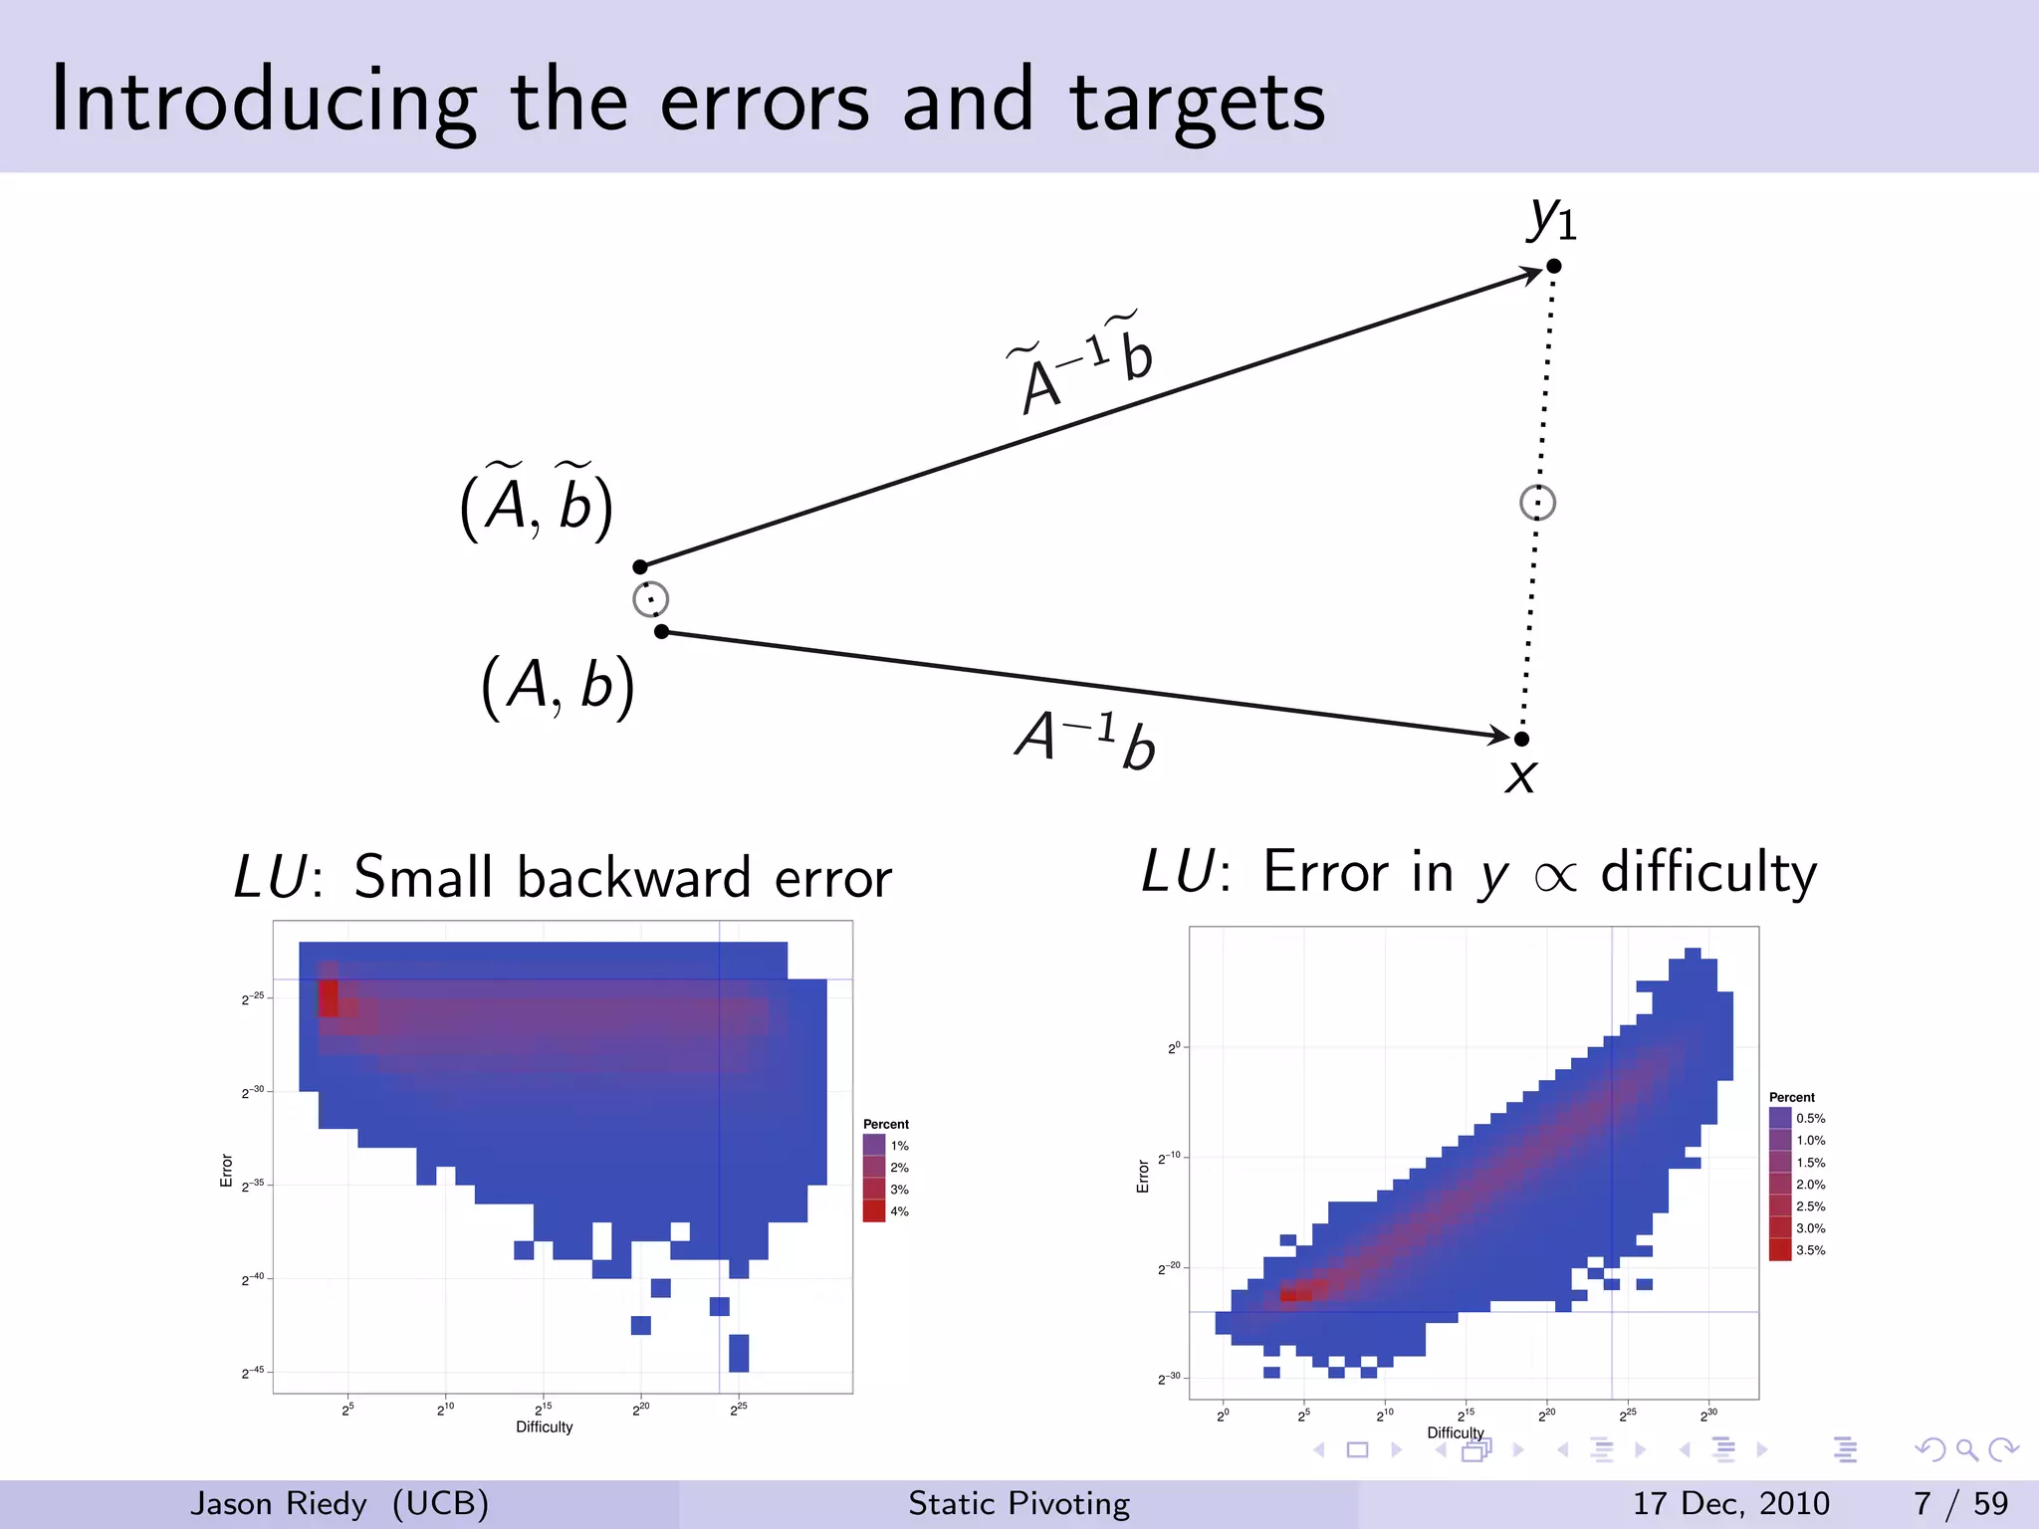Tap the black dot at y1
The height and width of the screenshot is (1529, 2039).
[x=1553, y=266]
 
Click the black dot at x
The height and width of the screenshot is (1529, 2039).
[x=1521, y=739]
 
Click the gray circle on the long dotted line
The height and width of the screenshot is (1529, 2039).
[x=1537, y=503]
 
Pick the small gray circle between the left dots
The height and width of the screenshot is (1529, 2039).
[x=651, y=599]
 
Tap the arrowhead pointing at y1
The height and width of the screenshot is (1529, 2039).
[x=1530, y=274]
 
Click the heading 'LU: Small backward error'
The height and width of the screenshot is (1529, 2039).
[x=563, y=877]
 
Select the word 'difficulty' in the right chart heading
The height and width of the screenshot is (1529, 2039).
[x=1708, y=872]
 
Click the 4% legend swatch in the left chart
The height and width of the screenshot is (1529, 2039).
[x=874, y=1211]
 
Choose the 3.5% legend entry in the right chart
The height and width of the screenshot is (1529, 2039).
[x=1798, y=1250]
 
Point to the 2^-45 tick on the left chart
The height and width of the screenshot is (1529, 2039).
[x=253, y=1372]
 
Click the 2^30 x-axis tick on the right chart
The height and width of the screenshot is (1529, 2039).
[x=1708, y=1415]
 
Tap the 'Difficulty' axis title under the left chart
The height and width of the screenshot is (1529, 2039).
[x=544, y=1426]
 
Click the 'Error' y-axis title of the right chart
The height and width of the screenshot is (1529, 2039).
[x=1143, y=1176]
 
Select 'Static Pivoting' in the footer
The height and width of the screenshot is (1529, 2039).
[x=1019, y=1503]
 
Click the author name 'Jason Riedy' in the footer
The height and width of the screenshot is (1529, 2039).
[x=279, y=1503]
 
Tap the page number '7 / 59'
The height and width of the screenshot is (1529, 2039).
[x=1960, y=1503]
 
